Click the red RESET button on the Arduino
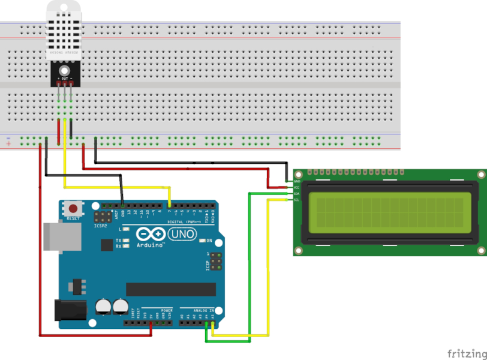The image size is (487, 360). click(x=74, y=208)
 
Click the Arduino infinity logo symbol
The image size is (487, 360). click(x=149, y=235)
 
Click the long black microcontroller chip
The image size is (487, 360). click(x=170, y=289)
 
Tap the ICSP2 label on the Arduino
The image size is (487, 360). click(x=100, y=227)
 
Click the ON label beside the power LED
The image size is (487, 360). click(x=209, y=241)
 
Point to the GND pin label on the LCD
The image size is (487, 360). click(x=297, y=181)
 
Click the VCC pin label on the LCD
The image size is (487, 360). click(x=297, y=188)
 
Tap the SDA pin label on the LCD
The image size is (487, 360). click(x=297, y=194)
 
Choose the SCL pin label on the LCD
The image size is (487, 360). click(x=297, y=200)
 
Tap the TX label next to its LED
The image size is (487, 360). click(x=118, y=240)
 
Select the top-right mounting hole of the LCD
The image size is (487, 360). click(x=481, y=174)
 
